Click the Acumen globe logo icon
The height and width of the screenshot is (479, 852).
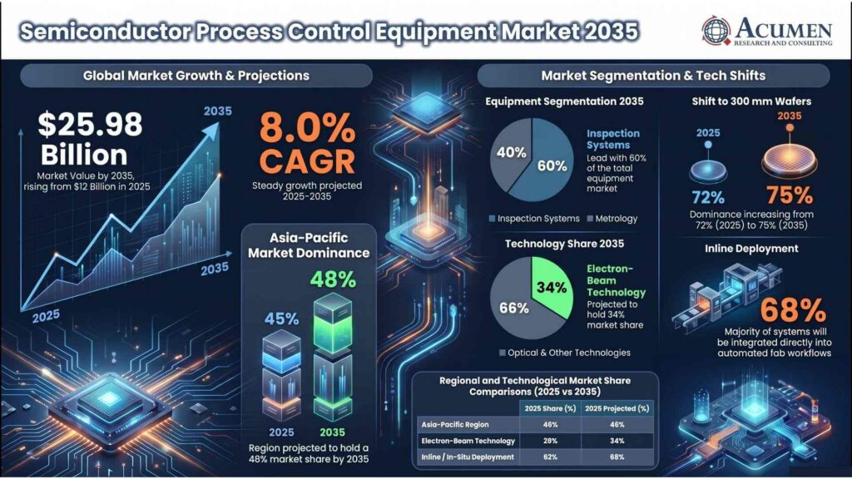[x=716, y=30]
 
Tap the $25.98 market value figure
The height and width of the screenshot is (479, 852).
[x=90, y=125]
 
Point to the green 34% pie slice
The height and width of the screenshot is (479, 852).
[x=551, y=287]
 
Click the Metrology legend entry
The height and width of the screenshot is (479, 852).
[x=612, y=219]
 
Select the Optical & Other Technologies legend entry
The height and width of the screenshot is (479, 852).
[x=565, y=353]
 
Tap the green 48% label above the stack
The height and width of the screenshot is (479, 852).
[x=333, y=279]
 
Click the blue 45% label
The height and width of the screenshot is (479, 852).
[x=281, y=319]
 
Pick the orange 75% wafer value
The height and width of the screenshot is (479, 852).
[x=790, y=195]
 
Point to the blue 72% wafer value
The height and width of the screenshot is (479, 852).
[x=708, y=196]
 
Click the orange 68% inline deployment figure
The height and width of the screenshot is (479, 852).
[x=793, y=310]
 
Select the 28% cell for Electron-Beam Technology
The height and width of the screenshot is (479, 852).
[x=550, y=441]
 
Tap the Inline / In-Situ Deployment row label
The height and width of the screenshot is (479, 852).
[x=468, y=457]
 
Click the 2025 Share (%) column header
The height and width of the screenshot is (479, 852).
[x=550, y=408]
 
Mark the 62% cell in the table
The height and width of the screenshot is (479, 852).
[x=550, y=457]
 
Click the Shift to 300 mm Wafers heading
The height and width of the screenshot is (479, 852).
[x=751, y=101]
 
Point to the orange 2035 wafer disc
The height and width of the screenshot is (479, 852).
[x=789, y=160]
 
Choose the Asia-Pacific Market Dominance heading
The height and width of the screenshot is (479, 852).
[x=309, y=245]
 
